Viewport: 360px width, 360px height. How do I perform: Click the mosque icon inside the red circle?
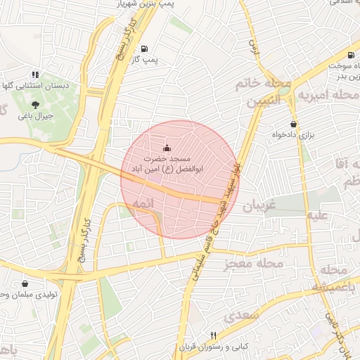[x=167, y=148]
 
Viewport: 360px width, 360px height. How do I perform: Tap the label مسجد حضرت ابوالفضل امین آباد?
[x=167, y=165]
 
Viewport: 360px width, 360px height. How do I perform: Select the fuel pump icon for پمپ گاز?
[x=144, y=49]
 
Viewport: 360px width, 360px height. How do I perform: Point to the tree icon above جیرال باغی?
[x=35, y=105]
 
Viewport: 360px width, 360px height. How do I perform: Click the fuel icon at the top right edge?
[x=351, y=55]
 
